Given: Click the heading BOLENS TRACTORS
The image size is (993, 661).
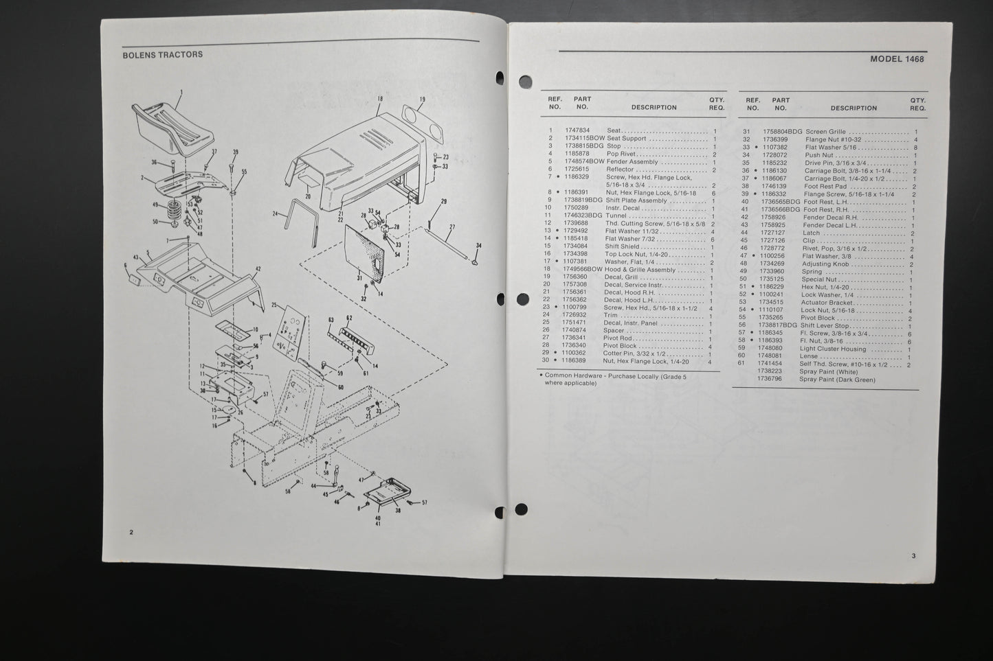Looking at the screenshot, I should (x=162, y=54).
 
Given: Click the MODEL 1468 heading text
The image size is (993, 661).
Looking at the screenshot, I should (x=896, y=59).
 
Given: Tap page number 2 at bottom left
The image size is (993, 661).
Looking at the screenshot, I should (x=131, y=532).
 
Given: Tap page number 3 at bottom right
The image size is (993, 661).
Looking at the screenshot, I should (x=913, y=556).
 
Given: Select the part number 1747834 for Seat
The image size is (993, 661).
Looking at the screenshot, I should (x=577, y=130).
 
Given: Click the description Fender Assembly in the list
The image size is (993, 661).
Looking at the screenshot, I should (x=632, y=162).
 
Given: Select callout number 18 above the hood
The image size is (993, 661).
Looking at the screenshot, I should (x=379, y=100).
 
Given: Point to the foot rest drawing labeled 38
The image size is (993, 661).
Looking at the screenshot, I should (x=389, y=493).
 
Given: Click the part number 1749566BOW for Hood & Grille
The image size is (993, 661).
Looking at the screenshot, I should (x=583, y=270).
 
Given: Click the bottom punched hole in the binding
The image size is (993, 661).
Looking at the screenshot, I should (x=521, y=509).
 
